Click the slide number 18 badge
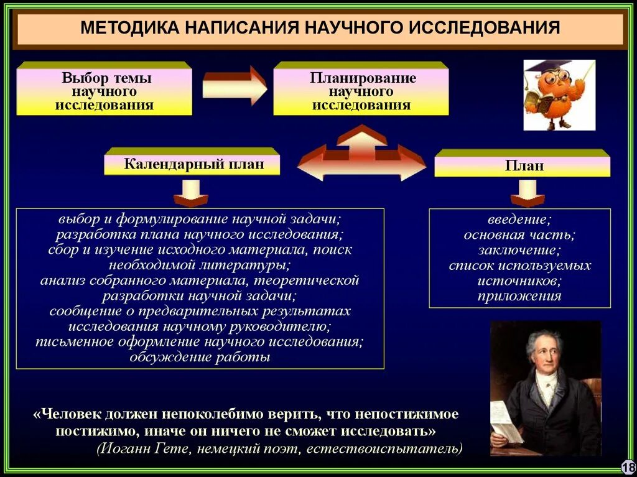[x=627, y=466]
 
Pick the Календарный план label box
[x=193, y=164]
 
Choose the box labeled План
[x=523, y=165]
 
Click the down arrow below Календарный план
[x=190, y=193]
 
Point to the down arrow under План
[x=527, y=193]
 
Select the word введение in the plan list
[x=519, y=220]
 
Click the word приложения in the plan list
[x=519, y=296]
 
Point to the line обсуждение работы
[x=200, y=357]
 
